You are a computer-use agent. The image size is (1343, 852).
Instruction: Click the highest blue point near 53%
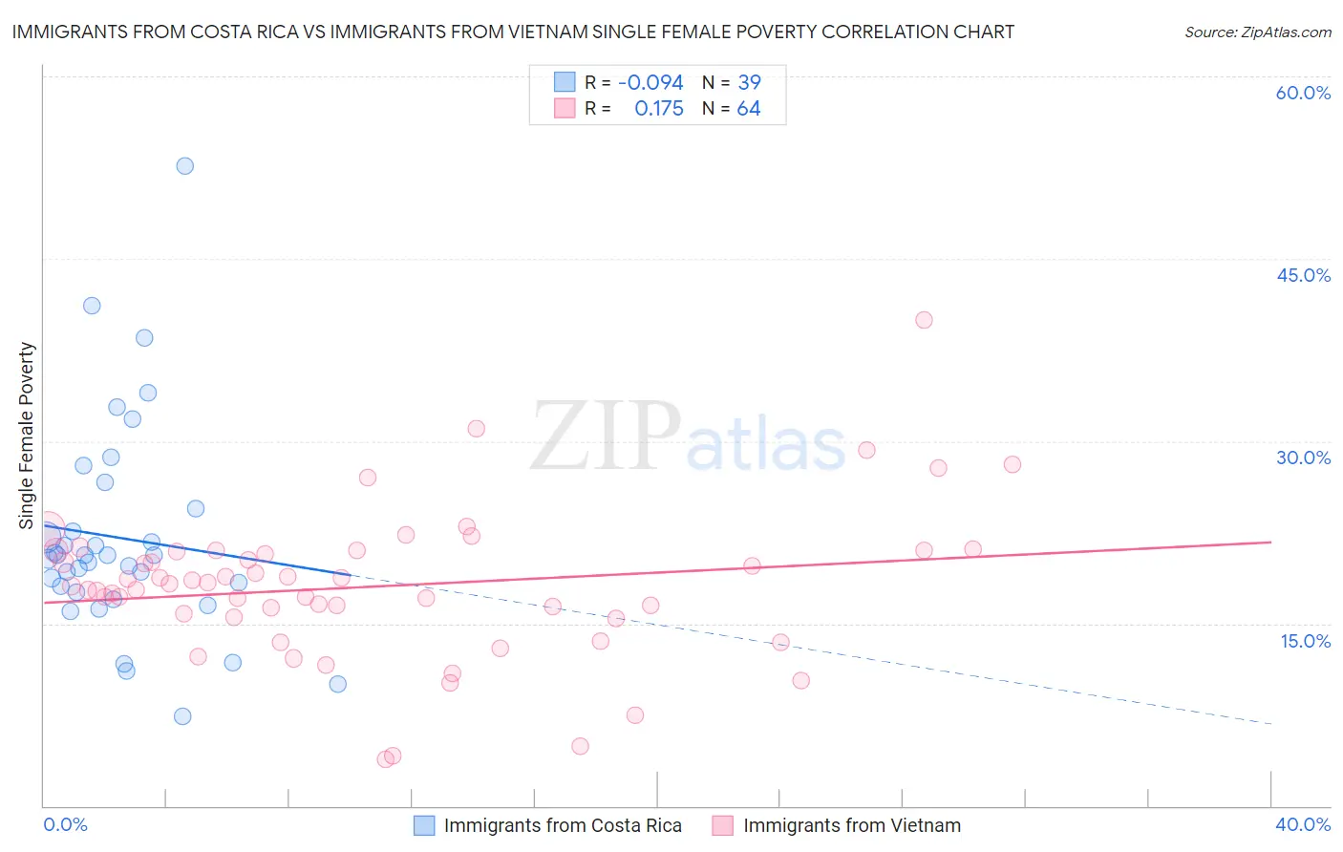184,166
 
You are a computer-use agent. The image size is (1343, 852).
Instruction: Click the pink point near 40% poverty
924,320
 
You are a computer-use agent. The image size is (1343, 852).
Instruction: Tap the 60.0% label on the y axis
1303,93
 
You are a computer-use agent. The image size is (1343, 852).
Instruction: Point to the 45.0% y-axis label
1303,275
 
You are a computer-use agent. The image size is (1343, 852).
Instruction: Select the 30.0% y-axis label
1303,458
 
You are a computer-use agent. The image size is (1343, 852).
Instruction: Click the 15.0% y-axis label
1305,641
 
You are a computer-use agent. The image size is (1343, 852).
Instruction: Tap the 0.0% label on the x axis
65,824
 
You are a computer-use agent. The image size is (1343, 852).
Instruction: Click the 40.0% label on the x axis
1303,824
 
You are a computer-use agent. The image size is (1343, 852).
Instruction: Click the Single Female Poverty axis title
27,436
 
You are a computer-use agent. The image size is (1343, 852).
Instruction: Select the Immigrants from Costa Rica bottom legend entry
563,825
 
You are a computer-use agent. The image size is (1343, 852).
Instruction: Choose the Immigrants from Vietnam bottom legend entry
852,825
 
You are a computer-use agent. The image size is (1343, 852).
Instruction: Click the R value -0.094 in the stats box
650,83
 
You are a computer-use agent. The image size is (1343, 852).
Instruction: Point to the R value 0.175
659,109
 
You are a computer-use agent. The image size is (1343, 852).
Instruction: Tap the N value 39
749,83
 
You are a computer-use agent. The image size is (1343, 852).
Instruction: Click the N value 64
749,109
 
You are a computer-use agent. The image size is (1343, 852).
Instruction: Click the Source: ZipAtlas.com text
1257,32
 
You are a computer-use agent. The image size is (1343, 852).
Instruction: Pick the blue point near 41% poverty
92,306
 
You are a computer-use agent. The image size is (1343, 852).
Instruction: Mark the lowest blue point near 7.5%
182,716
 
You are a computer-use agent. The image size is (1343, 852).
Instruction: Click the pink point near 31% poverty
476,429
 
